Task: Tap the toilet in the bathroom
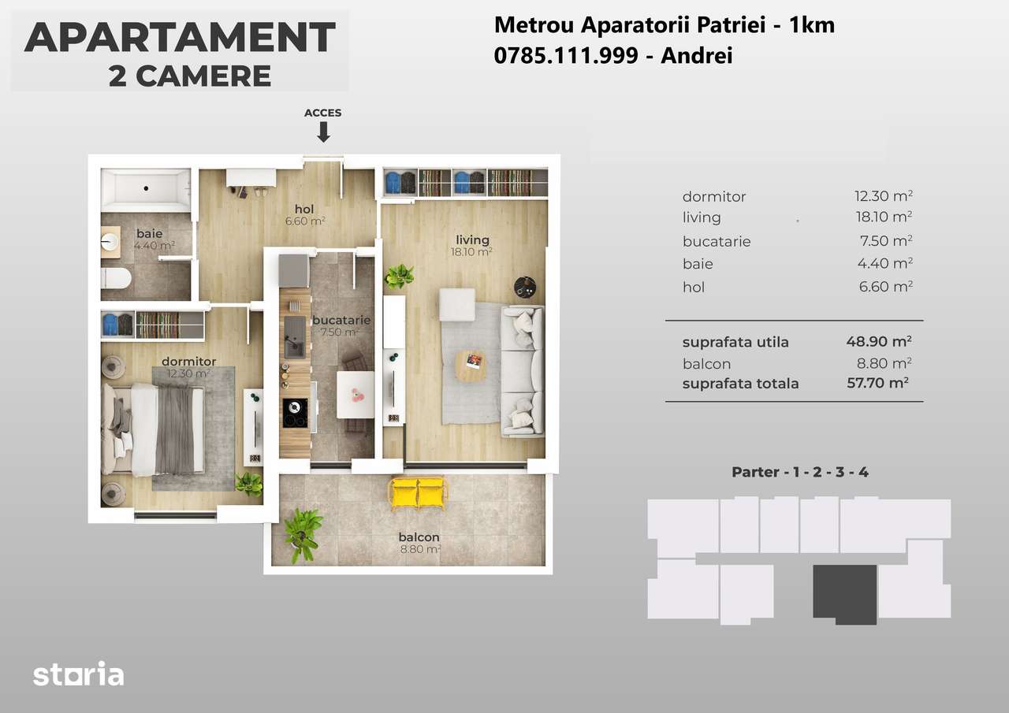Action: (117, 278)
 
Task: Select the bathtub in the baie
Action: (146, 190)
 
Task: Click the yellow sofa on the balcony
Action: (418, 493)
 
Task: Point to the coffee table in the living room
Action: (471, 366)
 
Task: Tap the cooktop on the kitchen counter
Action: (296, 413)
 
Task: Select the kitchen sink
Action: (296, 336)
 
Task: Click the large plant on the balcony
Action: (303, 533)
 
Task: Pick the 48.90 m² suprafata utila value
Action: (878, 342)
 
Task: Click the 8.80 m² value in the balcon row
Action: (884, 364)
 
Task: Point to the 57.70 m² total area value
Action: (877, 384)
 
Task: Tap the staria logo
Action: (78, 674)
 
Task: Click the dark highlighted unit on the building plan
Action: (845, 592)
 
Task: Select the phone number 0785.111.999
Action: (565, 56)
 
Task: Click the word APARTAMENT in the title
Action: (180, 38)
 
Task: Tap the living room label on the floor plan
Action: (472, 240)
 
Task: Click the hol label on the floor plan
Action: (304, 209)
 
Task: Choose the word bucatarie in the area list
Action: (717, 241)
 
